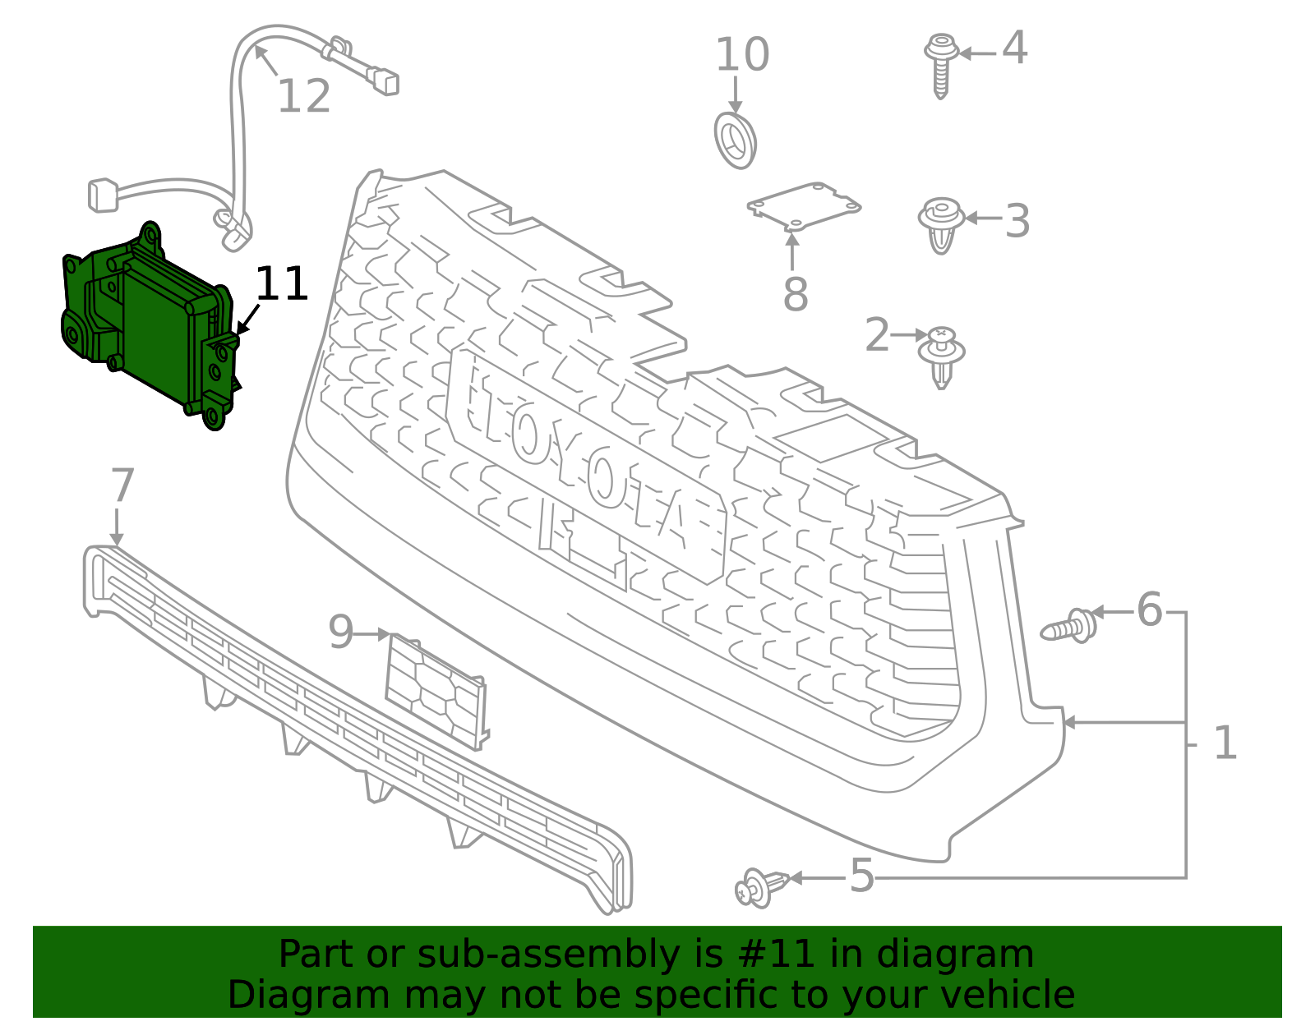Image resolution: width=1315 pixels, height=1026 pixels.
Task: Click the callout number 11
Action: coord(282,284)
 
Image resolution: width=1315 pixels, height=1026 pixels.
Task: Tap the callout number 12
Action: coord(303,97)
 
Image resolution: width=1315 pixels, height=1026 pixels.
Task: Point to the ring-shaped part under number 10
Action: coord(735,141)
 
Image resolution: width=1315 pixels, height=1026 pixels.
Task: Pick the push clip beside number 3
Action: coord(941,224)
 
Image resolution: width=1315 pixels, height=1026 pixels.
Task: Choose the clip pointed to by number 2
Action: coord(942,356)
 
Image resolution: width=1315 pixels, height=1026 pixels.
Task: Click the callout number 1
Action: coord(1225,743)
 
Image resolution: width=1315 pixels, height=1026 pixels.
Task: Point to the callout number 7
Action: coord(122,486)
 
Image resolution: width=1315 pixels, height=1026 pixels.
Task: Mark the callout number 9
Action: coord(340,633)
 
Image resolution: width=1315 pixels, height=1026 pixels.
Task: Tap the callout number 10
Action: coord(742,55)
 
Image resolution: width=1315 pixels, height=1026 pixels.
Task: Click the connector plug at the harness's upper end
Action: coord(385,81)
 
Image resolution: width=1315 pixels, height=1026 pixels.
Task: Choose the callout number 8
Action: coord(795,294)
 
